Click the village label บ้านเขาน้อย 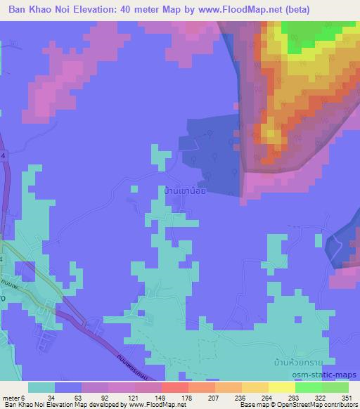184,190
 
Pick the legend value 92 105,397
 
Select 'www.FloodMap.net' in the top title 240,8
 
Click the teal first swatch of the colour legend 41,387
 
